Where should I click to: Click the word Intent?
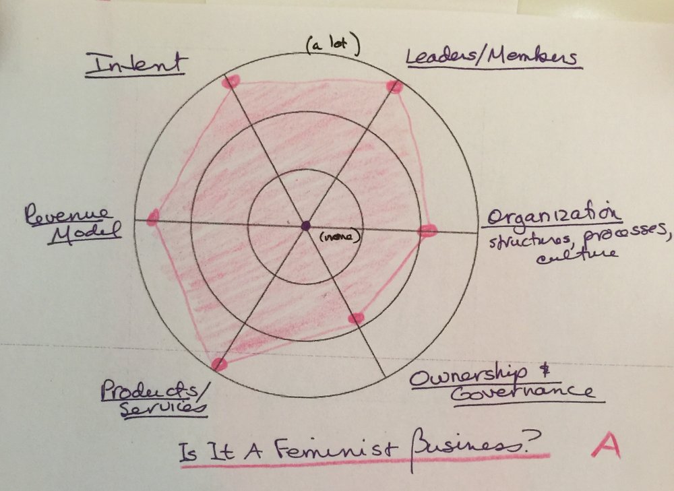pyautogui.click(x=137, y=65)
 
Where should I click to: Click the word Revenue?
pyautogui.click(x=67, y=214)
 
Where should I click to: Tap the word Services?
pyautogui.click(x=162, y=408)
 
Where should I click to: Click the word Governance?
pyautogui.click(x=523, y=393)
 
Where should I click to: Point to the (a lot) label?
pyautogui.click(x=332, y=46)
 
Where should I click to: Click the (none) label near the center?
pyautogui.click(x=339, y=236)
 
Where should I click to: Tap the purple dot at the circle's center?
pyautogui.click(x=305, y=226)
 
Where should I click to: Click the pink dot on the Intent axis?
pyautogui.click(x=231, y=81)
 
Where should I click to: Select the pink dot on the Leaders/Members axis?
pyautogui.click(x=394, y=87)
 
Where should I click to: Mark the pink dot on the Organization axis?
pyautogui.click(x=428, y=230)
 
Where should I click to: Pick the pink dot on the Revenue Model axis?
pyautogui.click(x=153, y=217)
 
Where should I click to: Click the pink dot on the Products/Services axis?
pyautogui.click(x=219, y=364)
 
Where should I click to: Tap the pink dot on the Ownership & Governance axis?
pyautogui.click(x=356, y=319)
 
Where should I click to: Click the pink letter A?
pyautogui.click(x=606, y=445)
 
